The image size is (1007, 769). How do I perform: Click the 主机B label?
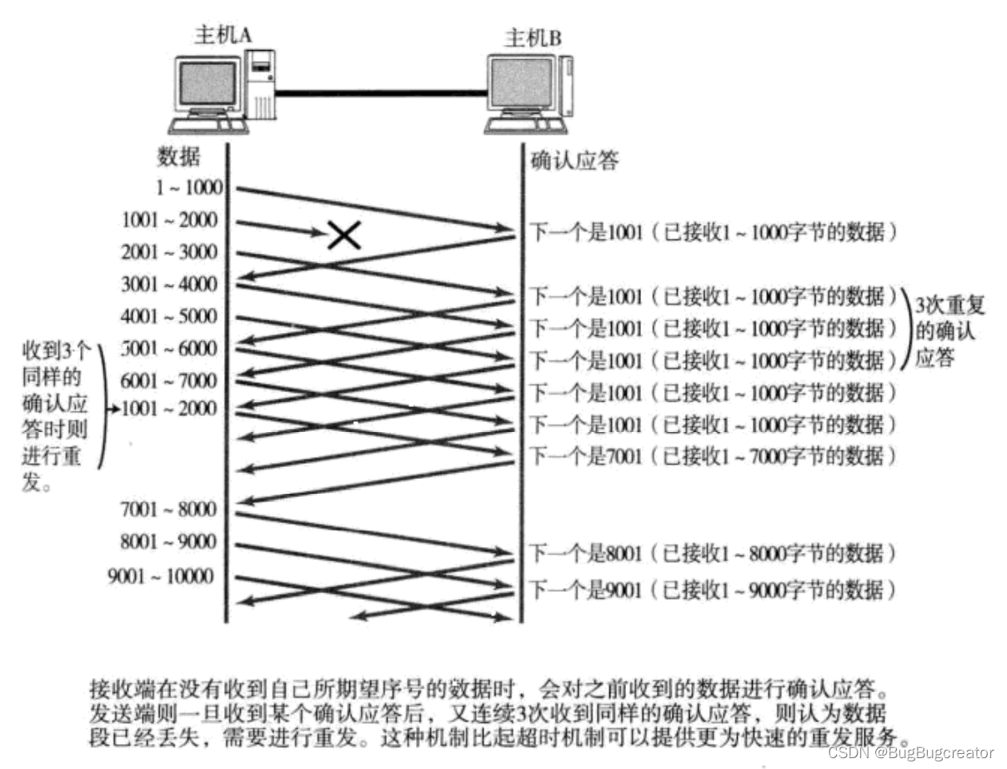point(533,38)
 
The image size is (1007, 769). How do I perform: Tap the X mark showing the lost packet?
point(343,235)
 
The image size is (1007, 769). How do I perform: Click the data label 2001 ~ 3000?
point(169,252)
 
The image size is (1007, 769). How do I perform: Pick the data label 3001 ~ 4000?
point(169,284)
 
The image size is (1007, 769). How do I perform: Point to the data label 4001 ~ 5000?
point(169,317)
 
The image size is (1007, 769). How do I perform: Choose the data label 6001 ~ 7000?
point(169,381)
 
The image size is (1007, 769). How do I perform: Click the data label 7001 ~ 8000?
point(169,509)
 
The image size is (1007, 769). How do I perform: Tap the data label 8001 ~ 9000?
point(169,542)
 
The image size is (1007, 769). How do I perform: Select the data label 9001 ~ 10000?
point(160,576)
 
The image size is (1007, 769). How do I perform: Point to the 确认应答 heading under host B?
point(575,161)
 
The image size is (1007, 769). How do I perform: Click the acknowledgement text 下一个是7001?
point(587,456)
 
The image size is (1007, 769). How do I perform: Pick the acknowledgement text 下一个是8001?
point(587,553)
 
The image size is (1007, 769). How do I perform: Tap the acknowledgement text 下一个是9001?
point(587,591)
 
